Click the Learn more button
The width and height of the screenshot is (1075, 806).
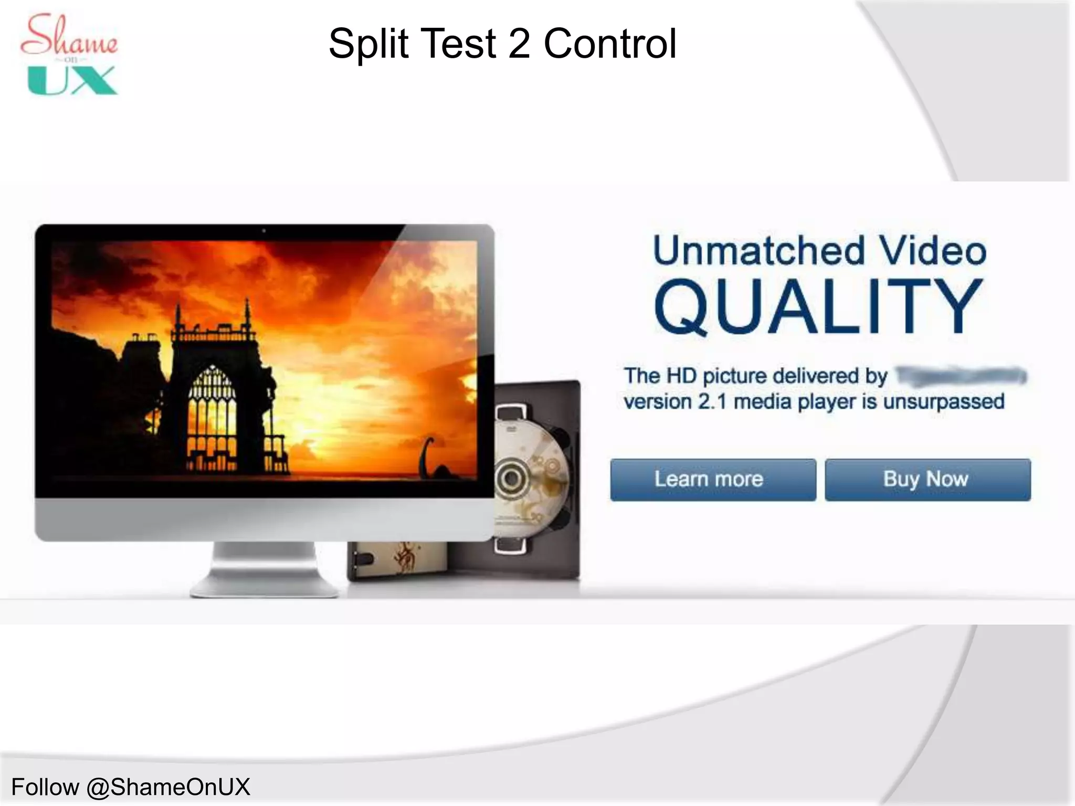coord(713,480)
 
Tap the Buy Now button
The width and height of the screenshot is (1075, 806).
coord(927,480)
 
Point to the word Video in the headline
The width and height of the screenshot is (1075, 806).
coord(934,251)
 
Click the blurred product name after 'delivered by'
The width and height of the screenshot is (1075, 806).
coord(961,376)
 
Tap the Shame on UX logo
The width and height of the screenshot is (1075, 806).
coord(70,55)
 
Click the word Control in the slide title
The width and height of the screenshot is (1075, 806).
coord(610,44)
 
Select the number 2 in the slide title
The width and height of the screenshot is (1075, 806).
coord(519,44)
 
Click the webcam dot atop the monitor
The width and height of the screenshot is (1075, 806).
coord(264,230)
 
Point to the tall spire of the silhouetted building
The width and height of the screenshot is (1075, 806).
coord(247,315)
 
